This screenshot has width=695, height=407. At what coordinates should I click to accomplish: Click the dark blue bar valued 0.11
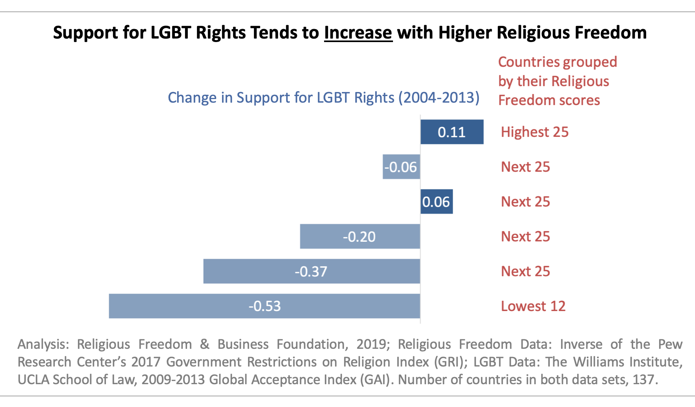(x=452, y=132)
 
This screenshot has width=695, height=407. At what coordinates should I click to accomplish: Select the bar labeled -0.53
(x=264, y=306)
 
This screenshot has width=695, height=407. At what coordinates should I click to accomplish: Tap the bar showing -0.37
(x=311, y=271)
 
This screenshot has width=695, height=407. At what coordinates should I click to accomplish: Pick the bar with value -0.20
(x=360, y=236)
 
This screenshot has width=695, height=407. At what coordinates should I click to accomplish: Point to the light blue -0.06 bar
(x=401, y=167)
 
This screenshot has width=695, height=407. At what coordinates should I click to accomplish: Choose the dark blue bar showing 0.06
(x=436, y=202)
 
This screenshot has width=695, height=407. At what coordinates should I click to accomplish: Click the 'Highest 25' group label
(x=534, y=132)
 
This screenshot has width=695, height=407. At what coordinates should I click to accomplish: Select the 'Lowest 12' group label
(x=533, y=306)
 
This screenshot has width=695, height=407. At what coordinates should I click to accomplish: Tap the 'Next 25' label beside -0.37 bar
(x=525, y=271)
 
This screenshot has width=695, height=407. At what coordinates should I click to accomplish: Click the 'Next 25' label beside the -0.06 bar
(x=525, y=167)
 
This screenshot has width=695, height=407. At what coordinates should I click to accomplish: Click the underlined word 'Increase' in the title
(x=358, y=33)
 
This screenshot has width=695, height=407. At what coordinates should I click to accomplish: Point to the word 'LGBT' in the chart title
(x=171, y=33)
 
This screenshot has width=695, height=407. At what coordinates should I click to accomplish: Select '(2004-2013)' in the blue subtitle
(x=439, y=98)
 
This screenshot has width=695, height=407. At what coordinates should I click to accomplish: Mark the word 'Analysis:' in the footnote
(x=43, y=344)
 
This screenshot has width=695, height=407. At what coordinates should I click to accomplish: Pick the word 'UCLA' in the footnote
(x=33, y=379)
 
